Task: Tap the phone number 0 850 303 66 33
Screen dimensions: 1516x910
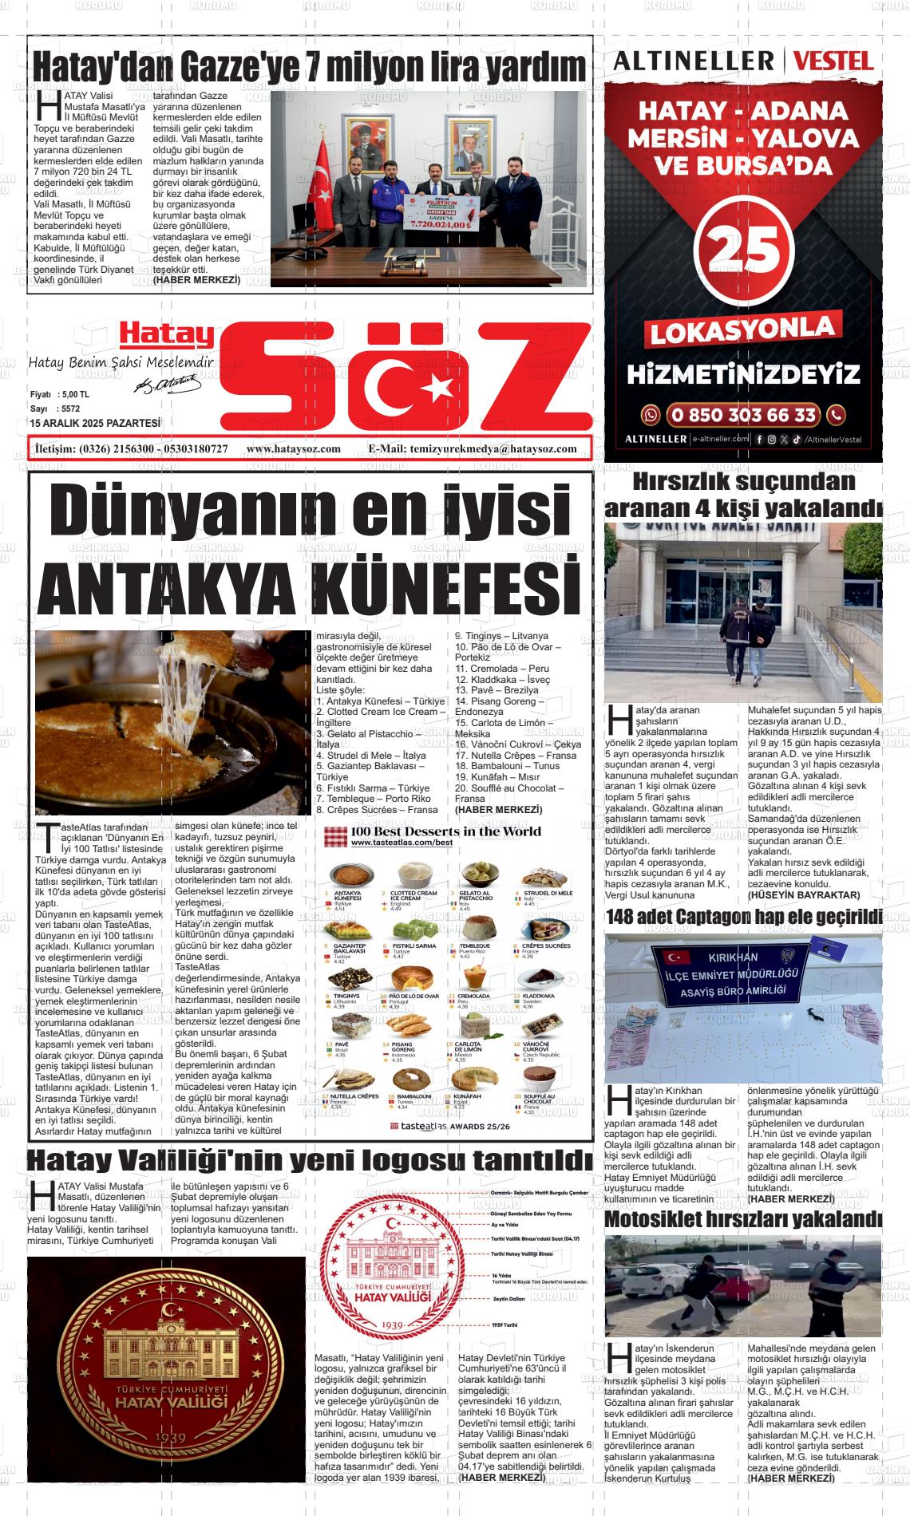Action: pos(742,415)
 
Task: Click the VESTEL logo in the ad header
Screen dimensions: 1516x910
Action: pos(833,61)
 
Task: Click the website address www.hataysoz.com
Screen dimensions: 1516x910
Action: pos(294,449)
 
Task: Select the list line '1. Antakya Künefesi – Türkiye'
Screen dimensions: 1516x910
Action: pos(380,701)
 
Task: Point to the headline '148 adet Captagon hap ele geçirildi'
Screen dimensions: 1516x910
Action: pos(743,918)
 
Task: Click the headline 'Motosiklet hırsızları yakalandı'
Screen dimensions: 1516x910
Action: pos(743,1219)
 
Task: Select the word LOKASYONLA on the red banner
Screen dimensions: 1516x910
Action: pos(743,329)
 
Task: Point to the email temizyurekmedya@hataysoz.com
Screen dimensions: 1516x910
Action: pos(493,449)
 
